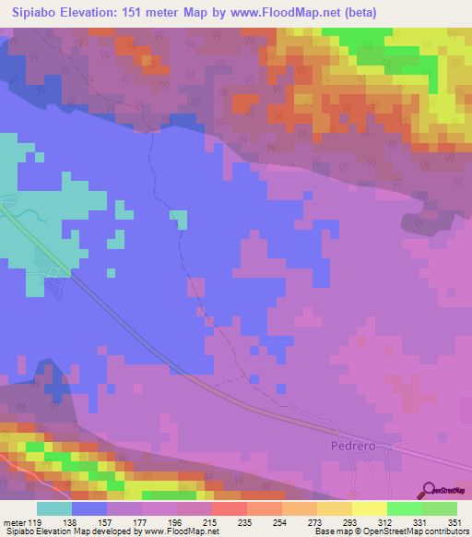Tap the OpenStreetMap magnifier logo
[x=430, y=491]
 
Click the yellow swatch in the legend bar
[x=370, y=507]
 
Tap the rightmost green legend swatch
[x=440, y=507]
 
